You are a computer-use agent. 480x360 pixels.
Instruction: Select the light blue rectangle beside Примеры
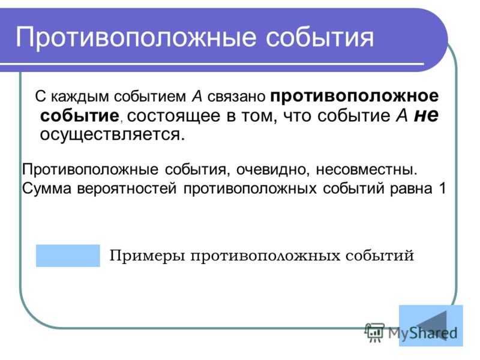[67, 255]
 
